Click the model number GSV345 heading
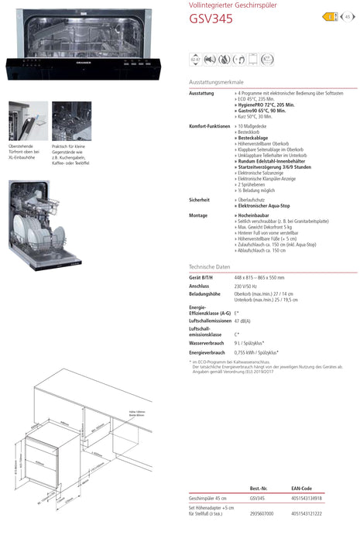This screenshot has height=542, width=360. (211, 19)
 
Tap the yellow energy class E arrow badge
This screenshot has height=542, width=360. (328, 15)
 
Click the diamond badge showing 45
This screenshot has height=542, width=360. (348, 15)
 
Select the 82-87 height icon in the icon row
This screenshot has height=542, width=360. (197, 59)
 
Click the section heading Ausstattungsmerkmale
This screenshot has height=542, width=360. (216, 81)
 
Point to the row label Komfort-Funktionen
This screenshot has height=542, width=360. (210, 125)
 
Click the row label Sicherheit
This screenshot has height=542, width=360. (200, 200)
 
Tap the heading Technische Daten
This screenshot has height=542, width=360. (209, 266)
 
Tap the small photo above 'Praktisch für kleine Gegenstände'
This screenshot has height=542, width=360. (71, 121)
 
